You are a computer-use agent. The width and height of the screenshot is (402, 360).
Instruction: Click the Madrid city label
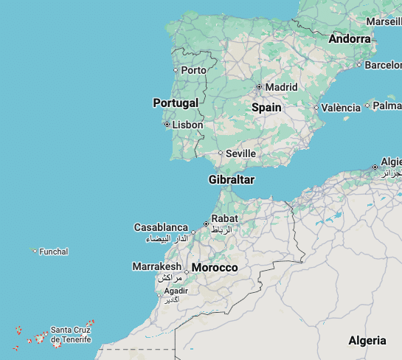pyautogui.click(x=281, y=87)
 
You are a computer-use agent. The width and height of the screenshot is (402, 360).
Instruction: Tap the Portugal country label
pyautogui.click(x=176, y=103)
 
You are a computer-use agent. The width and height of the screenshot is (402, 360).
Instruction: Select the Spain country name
pyautogui.click(x=266, y=107)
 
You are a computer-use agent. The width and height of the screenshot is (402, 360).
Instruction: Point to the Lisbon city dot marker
pyautogui.click(x=167, y=125)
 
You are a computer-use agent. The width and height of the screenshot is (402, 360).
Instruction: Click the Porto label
pyautogui.click(x=194, y=70)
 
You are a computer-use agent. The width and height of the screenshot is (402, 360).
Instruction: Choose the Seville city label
pyautogui.click(x=240, y=153)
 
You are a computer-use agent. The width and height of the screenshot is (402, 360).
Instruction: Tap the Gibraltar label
pyautogui.click(x=232, y=180)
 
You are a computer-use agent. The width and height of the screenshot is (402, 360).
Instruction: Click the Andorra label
pyautogui.click(x=350, y=38)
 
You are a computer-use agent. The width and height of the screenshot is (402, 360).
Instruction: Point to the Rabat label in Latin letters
pyautogui.click(x=224, y=218)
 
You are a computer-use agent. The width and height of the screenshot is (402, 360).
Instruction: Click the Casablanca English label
pyautogui.click(x=161, y=227)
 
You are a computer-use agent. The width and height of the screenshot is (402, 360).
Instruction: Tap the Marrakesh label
pyautogui.click(x=156, y=266)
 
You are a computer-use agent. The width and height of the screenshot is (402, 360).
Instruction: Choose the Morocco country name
pyautogui.click(x=215, y=267)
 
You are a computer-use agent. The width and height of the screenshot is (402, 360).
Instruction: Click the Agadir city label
pyautogui.click(x=175, y=291)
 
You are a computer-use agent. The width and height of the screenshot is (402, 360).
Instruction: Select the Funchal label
pyautogui.click(x=54, y=252)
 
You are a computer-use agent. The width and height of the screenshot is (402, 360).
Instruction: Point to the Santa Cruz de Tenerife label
pyautogui.click(x=71, y=334)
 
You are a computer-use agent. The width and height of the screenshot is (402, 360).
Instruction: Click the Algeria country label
pyautogui.click(x=367, y=340)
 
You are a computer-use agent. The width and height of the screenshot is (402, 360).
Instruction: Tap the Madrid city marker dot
pyautogui.click(x=259, y=87)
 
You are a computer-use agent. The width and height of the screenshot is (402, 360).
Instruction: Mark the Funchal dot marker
pyautogui.click(x=35, y=251)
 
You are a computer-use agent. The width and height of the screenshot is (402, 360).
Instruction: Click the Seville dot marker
pyautogui.click(x=220, y=153)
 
